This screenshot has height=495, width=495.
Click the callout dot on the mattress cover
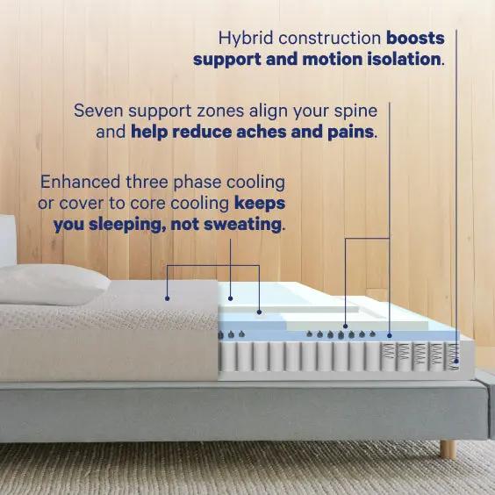coord(168,298)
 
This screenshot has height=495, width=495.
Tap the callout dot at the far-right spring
coord(457,359)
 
